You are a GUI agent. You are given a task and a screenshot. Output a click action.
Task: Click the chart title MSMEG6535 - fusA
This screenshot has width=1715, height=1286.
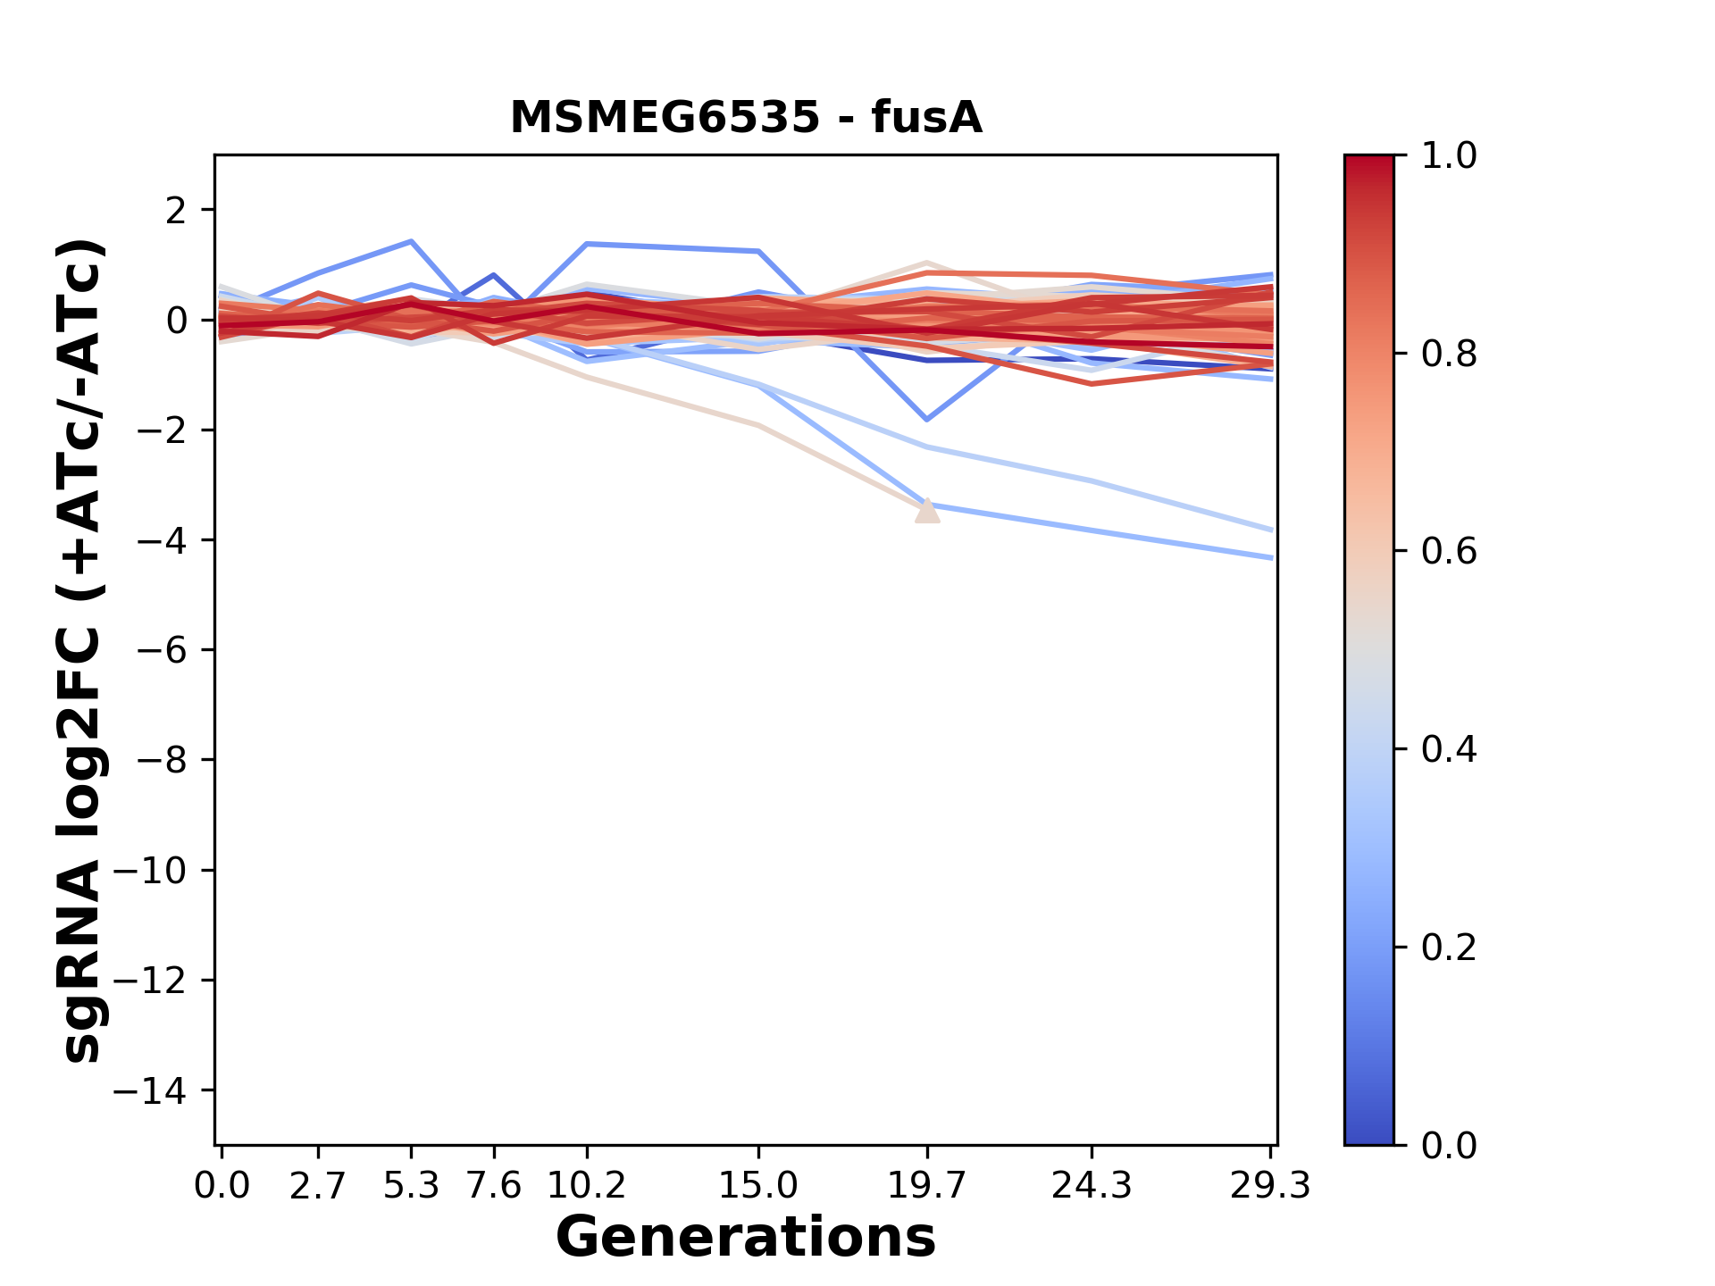(x=746, y=118)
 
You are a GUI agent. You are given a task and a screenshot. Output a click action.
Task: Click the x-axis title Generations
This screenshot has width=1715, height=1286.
(x=746, y=1237)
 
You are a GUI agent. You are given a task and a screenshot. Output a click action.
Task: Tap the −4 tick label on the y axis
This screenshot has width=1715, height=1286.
(x=162, y=540)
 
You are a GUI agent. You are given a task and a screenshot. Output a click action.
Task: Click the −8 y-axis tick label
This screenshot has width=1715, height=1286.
(x=162, y=760)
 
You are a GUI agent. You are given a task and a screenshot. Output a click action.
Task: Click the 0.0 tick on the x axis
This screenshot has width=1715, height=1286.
(x=222, y=1186)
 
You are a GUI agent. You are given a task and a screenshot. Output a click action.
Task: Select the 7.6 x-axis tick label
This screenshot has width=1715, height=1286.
(x=494, y=1186)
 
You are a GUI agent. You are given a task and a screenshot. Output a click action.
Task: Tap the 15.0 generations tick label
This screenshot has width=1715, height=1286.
(x=758, y=1186)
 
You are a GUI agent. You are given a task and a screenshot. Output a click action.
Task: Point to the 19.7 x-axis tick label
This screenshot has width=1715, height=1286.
(x=927, y=1186)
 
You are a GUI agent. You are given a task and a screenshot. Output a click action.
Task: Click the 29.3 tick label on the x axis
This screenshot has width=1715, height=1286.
(x=1271, y=1186)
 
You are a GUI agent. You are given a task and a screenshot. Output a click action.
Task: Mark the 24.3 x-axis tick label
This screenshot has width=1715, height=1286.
(x=1092, y=1186)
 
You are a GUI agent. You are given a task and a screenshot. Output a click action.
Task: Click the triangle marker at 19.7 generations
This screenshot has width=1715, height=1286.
(x=927, y=511)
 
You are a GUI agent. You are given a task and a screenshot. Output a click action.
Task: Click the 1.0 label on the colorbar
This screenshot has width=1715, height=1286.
(x=1449, y=156)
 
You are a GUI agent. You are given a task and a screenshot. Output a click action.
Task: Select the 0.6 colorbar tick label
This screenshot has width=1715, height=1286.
(x=1449, y=552)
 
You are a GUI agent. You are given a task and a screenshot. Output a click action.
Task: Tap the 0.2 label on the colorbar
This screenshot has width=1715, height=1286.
(x=1449, y=948)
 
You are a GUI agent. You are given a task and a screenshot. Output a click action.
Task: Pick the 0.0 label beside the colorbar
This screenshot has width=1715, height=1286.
(x=1449, y=1145)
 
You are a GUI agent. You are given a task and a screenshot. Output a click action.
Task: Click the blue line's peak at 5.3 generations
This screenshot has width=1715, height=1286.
(x=411, y=241)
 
